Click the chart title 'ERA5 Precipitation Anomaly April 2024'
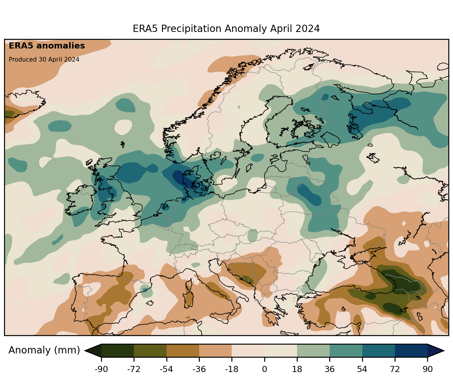[x=226, y=29]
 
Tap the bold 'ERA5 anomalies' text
[x=47, y=46]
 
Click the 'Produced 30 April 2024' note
[x=44, y=60]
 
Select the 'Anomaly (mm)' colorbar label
[x=44, y=350]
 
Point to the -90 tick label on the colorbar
[x=101, y=369]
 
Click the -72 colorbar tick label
[x=134, y=369]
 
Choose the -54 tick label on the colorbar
[x=166, y=369]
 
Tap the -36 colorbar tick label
[x=199, y=369]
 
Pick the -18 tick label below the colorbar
[x=232, y=369]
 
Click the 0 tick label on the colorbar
[x=265, y=369]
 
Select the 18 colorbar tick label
[x=297, y=369]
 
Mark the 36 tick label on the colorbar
[x=330, y=369]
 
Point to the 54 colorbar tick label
[x=362, y=369]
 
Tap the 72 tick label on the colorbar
[x=395, y=369]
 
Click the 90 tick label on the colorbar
[x=427, y=369]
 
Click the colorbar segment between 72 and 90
[x=411, y=351]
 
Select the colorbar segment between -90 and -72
[x=118, y=351]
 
